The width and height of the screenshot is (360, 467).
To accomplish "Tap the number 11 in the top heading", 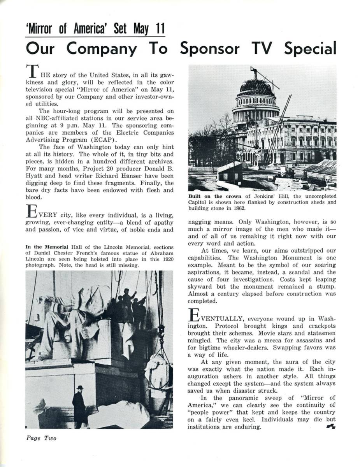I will tap(158, 29).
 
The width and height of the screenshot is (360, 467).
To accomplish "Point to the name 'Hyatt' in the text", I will tap(35, 176).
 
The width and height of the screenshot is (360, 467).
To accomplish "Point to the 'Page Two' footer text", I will tap(41, 438).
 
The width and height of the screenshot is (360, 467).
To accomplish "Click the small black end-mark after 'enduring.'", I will tap(332, 427).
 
